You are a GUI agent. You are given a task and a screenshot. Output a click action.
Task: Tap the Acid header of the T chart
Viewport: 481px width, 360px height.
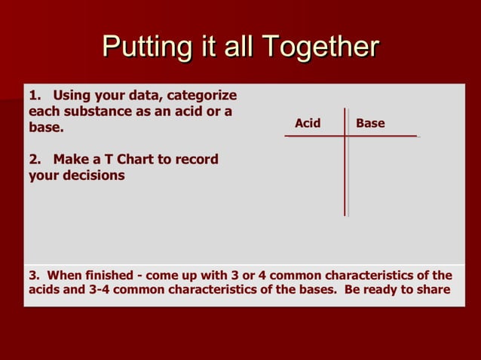pos(308,123)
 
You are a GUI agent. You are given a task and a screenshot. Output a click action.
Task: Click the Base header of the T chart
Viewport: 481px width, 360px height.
pos(370,123)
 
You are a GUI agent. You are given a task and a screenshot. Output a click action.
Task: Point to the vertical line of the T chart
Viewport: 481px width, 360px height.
pos(346,173)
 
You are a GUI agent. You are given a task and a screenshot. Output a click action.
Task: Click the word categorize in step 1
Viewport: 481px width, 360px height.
pos(201,96)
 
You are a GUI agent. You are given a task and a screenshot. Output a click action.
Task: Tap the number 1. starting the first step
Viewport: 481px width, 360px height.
pos(35,96)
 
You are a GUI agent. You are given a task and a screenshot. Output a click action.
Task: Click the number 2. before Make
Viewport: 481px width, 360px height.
pos(35,159)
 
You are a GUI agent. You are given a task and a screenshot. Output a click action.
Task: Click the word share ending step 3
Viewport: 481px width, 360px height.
pos(433,289)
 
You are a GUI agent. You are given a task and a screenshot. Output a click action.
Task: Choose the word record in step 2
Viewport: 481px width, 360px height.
pos(198,159)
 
